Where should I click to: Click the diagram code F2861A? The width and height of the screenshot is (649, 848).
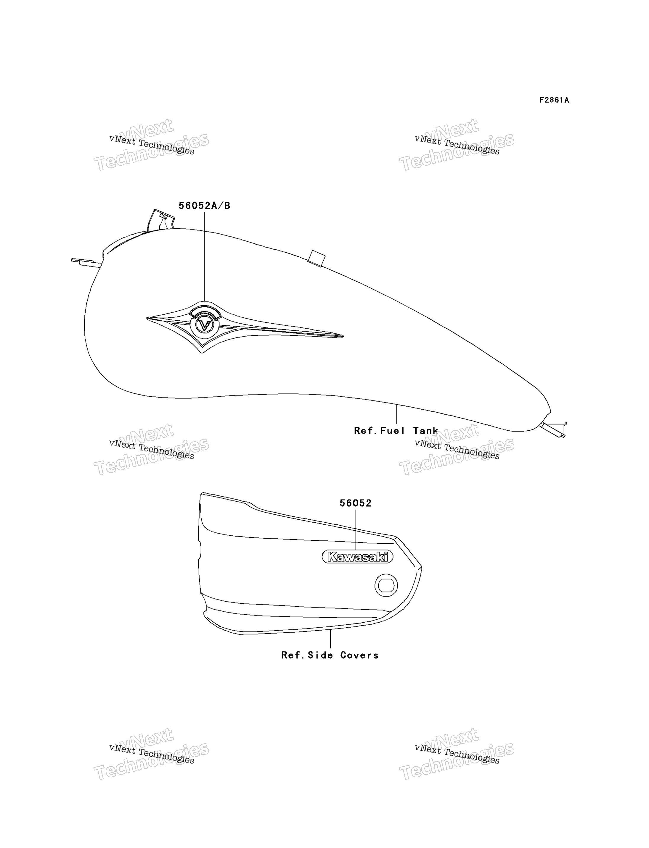click(x=554, y=100)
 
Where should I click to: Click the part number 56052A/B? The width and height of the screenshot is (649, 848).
click(x=204, y=206)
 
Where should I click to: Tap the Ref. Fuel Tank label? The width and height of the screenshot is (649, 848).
click(x=396, y=430)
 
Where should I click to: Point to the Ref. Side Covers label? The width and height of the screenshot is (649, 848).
click(x=330, y=655)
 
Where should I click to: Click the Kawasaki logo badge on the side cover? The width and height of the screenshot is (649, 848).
click(x=357, y=557)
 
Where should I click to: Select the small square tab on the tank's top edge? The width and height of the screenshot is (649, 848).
click(x=317, y=258)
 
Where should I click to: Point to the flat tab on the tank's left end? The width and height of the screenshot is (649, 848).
click(x=86, y=262)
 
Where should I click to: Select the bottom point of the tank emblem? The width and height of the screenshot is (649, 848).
click(x=202, y=352)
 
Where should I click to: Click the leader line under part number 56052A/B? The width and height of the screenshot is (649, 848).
click(x=205, y=256)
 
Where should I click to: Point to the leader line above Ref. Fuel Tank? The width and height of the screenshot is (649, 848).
click(x=397, y=414)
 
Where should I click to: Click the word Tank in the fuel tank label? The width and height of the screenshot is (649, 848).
click(x=426, y=430)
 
